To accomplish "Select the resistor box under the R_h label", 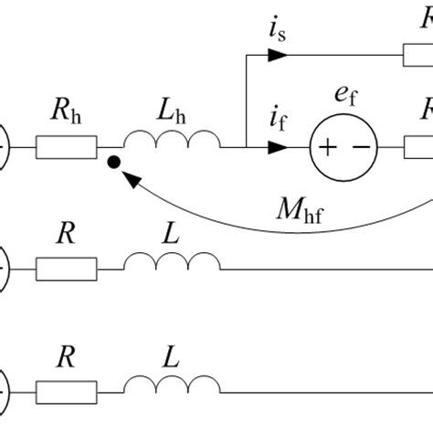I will click(x=66, y=146).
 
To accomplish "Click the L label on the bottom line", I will click(x=170, y=363).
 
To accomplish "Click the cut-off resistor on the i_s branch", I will click(x=418, y=56).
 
